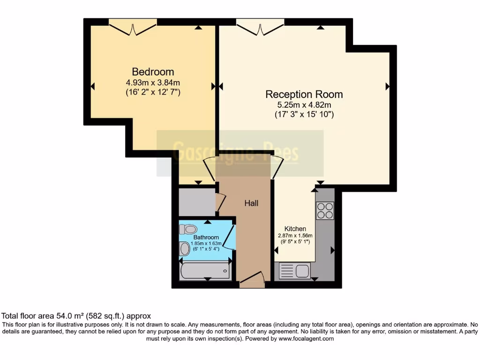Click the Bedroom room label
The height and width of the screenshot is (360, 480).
click(x=153, y=72)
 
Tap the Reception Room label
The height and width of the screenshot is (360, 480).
click(x=304, y=94)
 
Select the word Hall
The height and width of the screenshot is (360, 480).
click(x=251, y=203)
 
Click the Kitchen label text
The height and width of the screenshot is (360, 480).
click(x=295, y=229)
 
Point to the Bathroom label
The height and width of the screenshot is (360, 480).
click(x=206, y=238)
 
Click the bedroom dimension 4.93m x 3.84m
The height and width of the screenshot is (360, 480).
click(x=153, y=82)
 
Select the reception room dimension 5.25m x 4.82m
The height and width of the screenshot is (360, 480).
click(x=304, y=105)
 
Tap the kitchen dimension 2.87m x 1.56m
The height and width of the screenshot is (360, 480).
click(x=295, y=236)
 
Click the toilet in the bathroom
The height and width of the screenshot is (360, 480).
click(x=187, y=229)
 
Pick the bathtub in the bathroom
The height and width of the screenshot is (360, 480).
click(x=205, y=271)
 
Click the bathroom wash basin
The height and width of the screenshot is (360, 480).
click(x=184, y=248)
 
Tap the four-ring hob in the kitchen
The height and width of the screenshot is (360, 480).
click(x=325, y=210)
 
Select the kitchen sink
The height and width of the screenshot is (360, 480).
click(x=294, y=271)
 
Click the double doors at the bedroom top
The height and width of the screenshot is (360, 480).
click(x=133, y=27)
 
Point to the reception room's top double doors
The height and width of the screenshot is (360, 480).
click(x=260, y=27)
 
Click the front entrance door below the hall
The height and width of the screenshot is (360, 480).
click(x=252, y=280)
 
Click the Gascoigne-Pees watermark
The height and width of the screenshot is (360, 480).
click(x=240, y=153)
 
